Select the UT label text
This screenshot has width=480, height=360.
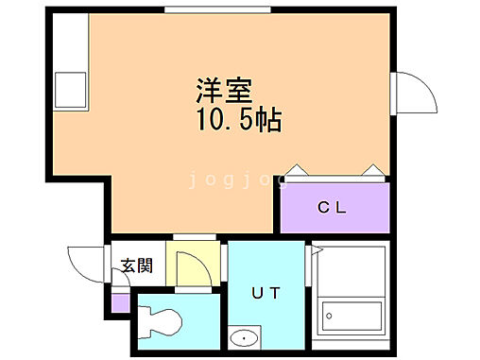(x=266, y=292)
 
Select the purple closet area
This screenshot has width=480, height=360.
(x=334, y=207)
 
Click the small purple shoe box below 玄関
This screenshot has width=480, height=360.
(x=119, y=302)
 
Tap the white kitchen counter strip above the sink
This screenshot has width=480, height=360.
(x=68, y=43)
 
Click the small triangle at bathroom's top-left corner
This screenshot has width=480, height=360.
(x=317, y=250)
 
